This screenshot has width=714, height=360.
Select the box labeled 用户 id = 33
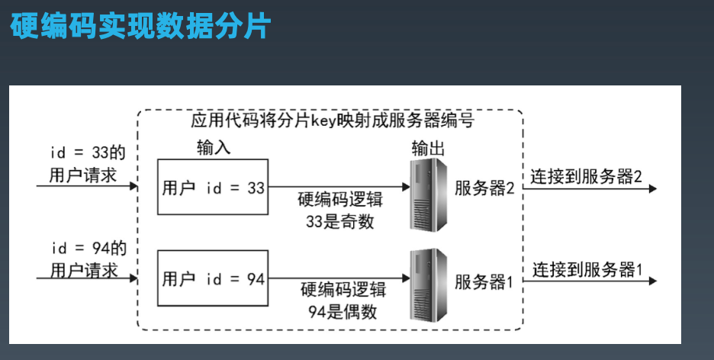(213, 187)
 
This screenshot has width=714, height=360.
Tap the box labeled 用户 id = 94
(213, 279)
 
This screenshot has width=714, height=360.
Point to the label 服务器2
(484, 187)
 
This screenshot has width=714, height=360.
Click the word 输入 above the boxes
(213, 147)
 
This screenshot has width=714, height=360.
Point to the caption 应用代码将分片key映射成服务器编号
(333, 121)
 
